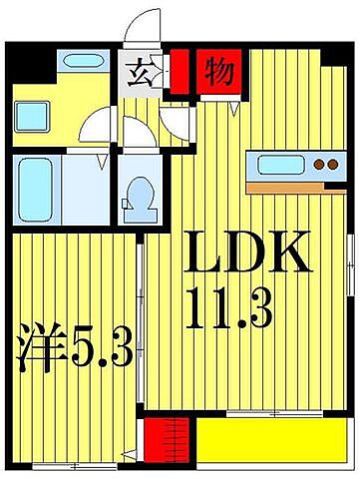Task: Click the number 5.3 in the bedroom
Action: pyautogui.click(x=100, y=349)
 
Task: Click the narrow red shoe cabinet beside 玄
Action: pyautogui.click(x=179, y=72)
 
